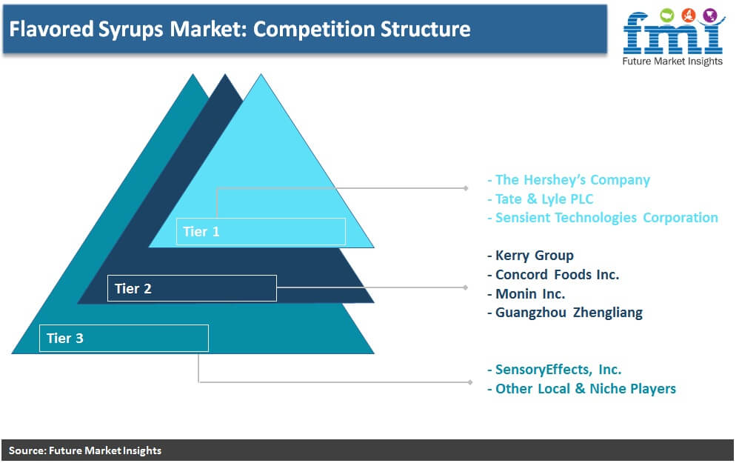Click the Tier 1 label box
point(261,232)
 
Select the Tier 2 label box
point(192,288)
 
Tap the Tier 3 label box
point(124,338)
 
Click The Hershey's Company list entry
point(569,180)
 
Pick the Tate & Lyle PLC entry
point(540,199)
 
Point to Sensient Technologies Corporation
point(603,217)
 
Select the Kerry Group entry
point(531,255)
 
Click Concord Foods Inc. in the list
point(553,275)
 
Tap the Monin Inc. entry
point(526,294)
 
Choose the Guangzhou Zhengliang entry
point(565,313)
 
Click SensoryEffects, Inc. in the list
point(555,369)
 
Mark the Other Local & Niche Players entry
point(581,389)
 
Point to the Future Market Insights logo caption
point(672,61)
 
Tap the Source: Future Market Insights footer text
point(85,450)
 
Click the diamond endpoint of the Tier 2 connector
point(466,287)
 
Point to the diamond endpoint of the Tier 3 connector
point(470,382)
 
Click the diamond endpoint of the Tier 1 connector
point(466,188)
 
